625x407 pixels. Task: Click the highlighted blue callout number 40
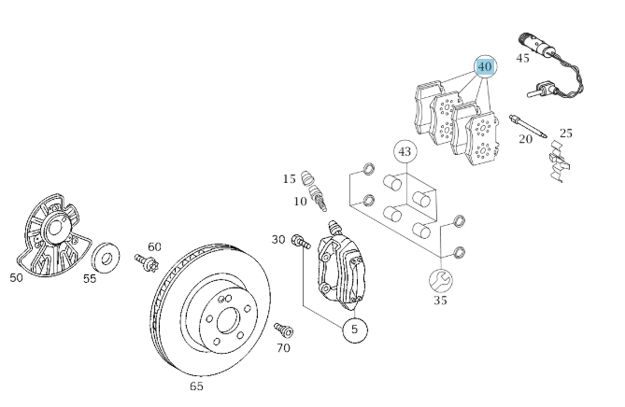click(x=484, y=66)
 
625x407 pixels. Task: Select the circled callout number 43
click(x=404, y=150)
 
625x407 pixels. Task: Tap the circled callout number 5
click(x=354, y=330)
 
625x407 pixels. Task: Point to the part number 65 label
click(x=196, y=386)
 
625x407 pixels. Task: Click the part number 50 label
click(x=17, y=277)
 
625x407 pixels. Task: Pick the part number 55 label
click(x=90, y=278)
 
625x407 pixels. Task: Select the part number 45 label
click(x=522, y=58)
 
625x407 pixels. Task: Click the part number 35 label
click(x=440, y=300)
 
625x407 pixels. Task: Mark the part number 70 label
click(x=283, y=347)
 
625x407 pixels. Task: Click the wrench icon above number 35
click(x=440, y=279)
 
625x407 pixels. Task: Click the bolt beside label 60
click(x=145, y=260)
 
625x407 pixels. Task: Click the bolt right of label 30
click(x=301, y=241)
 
